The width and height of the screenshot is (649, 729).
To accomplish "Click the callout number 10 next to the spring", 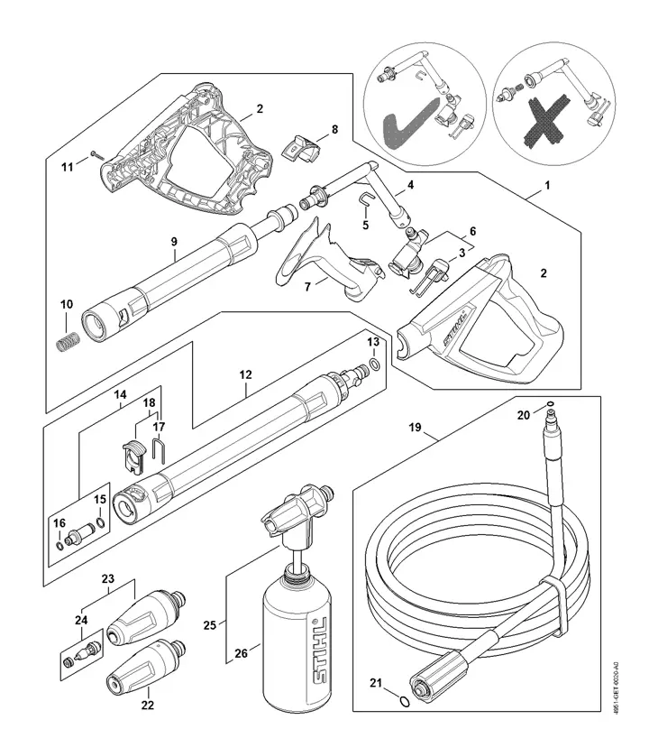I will pyautogui.click(x=66, y=304).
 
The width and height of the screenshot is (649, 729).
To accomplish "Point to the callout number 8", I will pyautogui.click(x=334, y=130).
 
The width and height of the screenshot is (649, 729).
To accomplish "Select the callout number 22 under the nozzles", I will pyautogui.click(x=147, y=705).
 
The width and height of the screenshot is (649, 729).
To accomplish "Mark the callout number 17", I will pyautogui.click(x=159, y=427).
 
